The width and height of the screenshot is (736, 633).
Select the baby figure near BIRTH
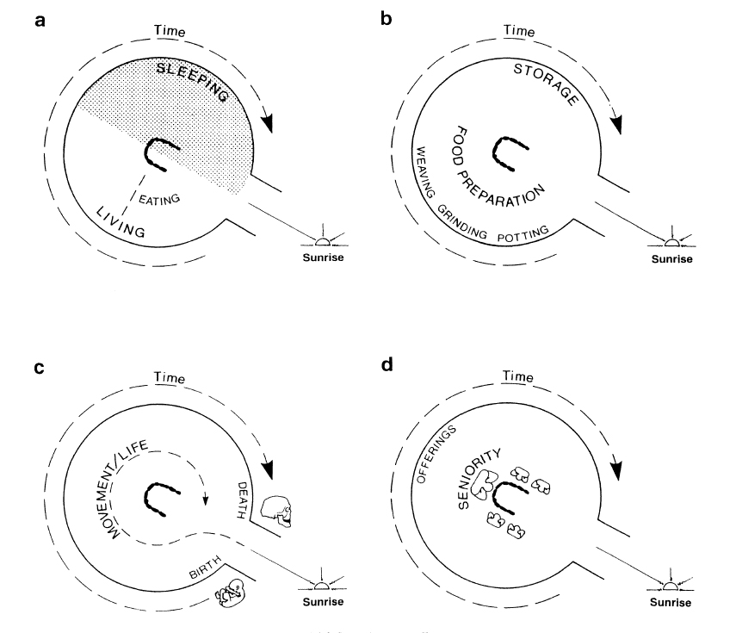(229, 593)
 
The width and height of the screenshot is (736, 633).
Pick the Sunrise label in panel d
(669, 601)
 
